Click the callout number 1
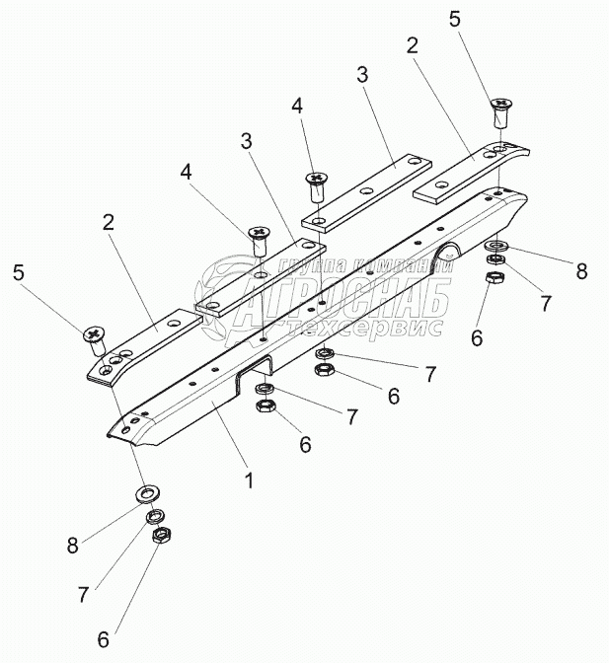click(250, 480)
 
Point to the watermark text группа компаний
click(365, 265)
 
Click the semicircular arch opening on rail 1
click(447, 253)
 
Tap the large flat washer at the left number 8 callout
click(147, 493)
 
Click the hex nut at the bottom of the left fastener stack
click(160, 536)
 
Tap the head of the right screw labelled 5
click(501, 104)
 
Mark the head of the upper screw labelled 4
click(315, 178)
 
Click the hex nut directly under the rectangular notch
click(266, 406)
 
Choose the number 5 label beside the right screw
click(455, 20)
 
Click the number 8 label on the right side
click(582, 270)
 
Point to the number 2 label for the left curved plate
click(109, 223)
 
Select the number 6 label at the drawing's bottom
click(104, 639)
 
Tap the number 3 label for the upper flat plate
click(362, 74)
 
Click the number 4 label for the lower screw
click(187, 173)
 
